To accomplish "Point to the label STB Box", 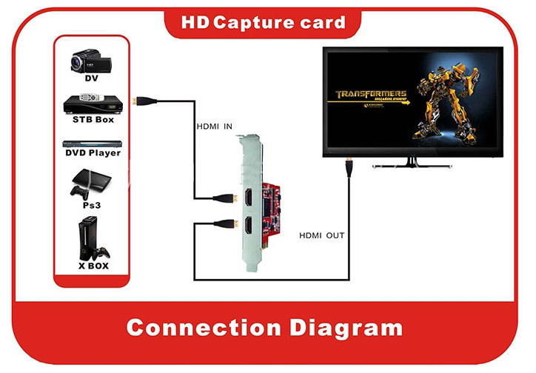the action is (93, 119).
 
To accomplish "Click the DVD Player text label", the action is (93, 153).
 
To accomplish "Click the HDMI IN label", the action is (215, 127).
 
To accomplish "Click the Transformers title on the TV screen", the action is (371, 95).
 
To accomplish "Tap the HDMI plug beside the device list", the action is (138, 98).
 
